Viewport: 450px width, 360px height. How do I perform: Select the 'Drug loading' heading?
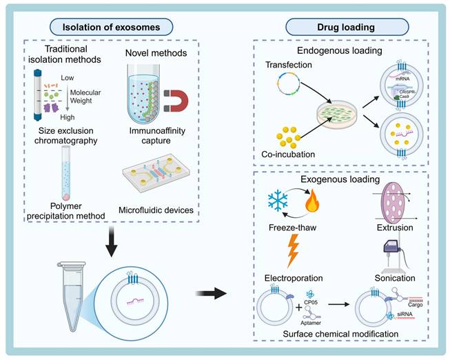(x=335, y=28)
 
